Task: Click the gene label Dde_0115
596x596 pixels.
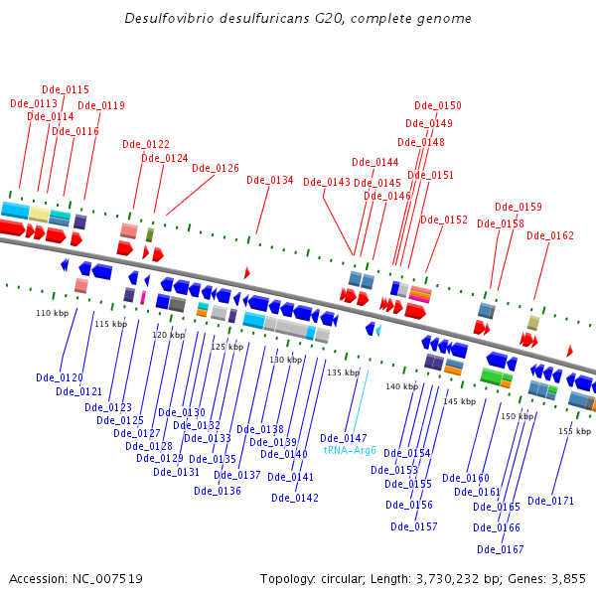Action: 66,89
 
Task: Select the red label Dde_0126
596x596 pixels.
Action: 216,168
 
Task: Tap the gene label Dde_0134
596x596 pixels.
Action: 270,180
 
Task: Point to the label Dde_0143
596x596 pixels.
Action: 327,182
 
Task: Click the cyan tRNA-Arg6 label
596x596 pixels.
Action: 350,450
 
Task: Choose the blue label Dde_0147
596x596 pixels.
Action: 344,438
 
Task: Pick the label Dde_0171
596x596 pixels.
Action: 550,501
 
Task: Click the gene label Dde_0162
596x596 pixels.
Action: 550,235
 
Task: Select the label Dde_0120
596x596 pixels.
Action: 60,377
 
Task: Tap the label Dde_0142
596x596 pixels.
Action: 295,498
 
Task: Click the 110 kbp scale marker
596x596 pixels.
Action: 53,313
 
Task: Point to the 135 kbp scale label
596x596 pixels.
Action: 344,372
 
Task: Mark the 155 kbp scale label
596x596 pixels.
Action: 575,431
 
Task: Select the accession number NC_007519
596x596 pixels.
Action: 107,579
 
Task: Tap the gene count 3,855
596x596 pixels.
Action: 568,579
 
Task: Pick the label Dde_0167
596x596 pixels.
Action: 501,549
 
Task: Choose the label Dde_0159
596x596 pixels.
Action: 519,207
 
